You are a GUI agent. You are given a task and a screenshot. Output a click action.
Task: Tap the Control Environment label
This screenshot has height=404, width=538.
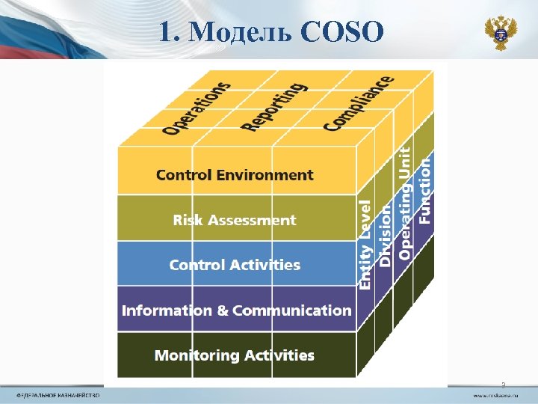click(235, 175)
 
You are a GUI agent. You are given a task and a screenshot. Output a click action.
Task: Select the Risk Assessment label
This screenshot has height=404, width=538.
click(235, 220)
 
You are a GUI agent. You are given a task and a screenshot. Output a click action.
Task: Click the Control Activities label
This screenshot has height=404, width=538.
click(235, 265)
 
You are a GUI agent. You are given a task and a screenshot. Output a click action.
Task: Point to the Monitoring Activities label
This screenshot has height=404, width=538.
click(235, 355)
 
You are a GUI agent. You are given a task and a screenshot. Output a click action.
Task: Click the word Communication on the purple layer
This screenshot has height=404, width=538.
click(291, 310)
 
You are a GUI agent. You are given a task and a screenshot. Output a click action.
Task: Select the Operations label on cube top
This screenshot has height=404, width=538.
click(197, 108)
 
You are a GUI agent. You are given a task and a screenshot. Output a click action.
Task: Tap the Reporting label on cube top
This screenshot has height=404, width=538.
click(273, 106)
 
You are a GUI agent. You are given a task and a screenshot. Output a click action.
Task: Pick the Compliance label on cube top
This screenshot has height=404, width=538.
click(359, 103)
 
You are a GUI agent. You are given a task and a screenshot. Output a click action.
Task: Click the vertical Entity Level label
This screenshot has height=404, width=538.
click(365, 244)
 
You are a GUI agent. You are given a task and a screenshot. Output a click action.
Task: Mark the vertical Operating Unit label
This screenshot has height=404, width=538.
click(404, 203)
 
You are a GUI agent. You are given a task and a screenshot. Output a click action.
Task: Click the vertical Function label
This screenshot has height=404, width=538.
click(424, 191)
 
